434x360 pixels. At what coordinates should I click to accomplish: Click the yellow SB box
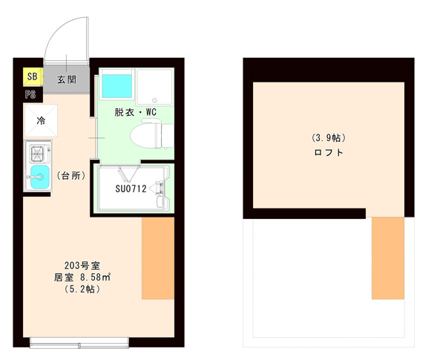32,76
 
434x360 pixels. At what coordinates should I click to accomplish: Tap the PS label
30,94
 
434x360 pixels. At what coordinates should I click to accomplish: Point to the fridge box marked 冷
41,120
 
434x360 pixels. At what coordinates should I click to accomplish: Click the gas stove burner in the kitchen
36,154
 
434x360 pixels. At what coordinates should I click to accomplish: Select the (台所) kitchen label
72,176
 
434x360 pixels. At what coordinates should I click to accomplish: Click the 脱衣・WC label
136,113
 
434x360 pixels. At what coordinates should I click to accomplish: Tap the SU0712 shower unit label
130,189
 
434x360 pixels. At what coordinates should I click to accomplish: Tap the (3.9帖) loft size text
329,138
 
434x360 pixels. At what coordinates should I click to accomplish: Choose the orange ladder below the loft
387,258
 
